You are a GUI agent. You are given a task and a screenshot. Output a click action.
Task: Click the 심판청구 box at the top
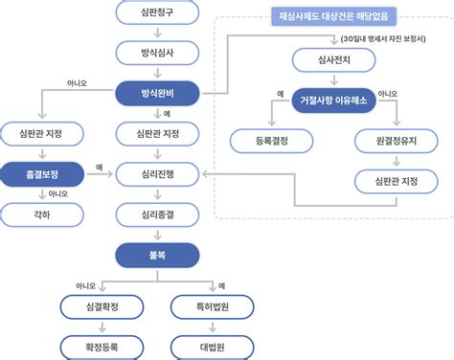(157, 12)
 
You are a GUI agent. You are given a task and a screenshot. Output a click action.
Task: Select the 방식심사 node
(157, 53)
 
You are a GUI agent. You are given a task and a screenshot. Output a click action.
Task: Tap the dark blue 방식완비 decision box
(157, 93)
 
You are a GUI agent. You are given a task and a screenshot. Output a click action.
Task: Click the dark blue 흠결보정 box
(41, 174)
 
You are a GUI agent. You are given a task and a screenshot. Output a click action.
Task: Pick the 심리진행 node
(157, 174)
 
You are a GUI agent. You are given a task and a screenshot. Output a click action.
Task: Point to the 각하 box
(42, 214)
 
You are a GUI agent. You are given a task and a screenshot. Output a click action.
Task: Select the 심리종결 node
(157, 214)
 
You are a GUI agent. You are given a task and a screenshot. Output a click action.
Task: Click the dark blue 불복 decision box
(157, 256)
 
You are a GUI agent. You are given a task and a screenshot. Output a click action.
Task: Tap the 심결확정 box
(102, 307)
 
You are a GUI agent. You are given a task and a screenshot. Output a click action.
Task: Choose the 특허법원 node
(213, 307)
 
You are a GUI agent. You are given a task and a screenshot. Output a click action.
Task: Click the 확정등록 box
(102, 348)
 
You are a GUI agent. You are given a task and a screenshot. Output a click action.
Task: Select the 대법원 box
(213, 348)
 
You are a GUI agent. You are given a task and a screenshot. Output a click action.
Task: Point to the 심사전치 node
(334, 60)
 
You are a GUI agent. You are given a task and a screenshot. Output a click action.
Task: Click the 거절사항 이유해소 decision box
(334, 101)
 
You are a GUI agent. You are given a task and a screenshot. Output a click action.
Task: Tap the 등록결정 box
(272, 141)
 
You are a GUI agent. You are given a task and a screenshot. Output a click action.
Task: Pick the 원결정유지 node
(397, 141)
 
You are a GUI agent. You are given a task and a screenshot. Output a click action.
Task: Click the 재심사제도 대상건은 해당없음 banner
(334, 16)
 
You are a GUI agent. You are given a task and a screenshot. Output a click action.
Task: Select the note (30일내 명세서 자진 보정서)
(383, 39)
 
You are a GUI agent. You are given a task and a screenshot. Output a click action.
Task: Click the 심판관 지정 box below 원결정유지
(397, 182)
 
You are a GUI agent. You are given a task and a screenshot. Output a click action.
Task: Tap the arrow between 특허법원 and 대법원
(213, 327)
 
